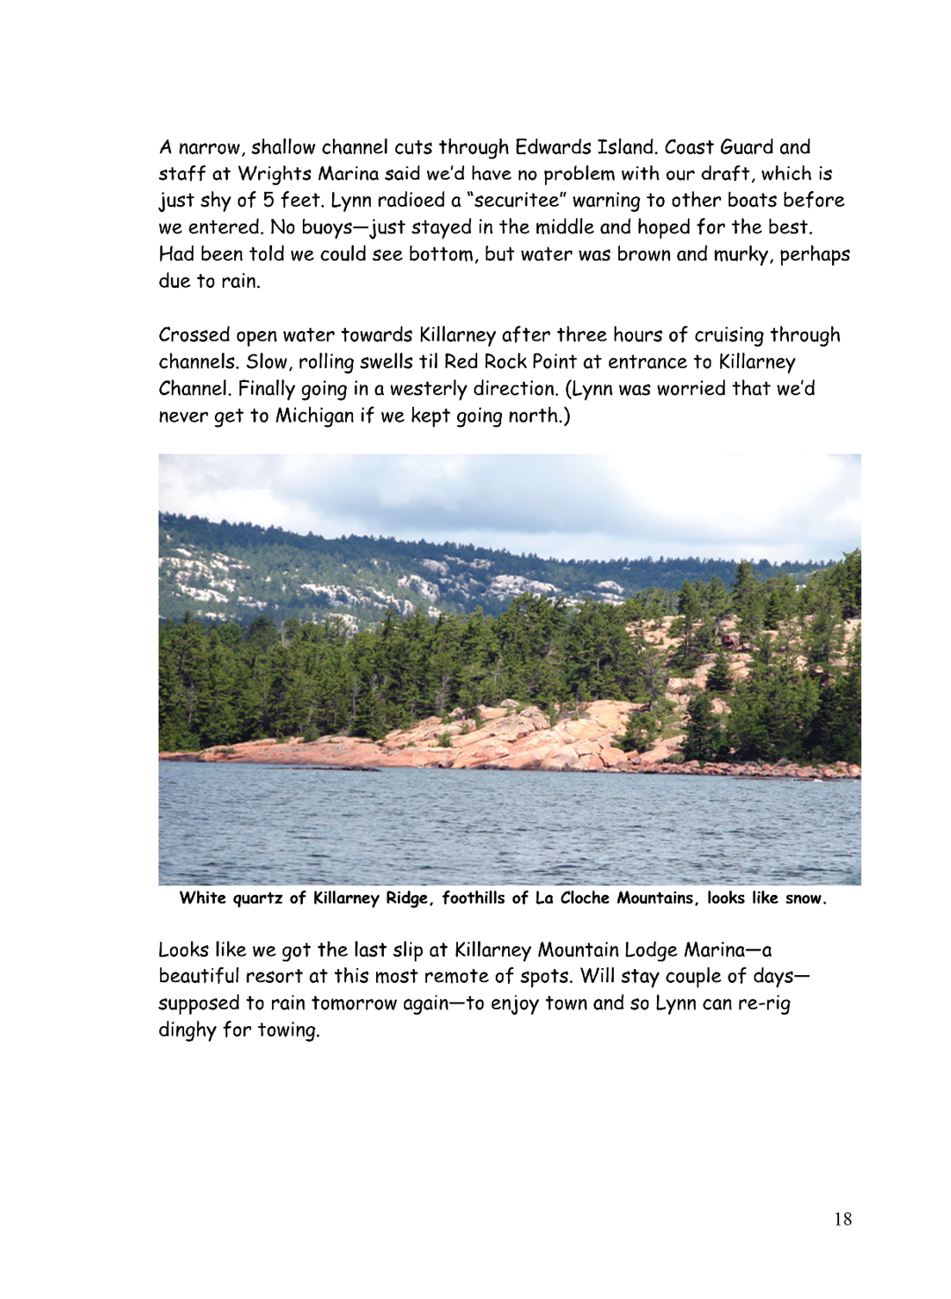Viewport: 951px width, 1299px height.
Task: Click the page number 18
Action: [843, 1219]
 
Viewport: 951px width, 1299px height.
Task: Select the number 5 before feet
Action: [268, 201]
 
